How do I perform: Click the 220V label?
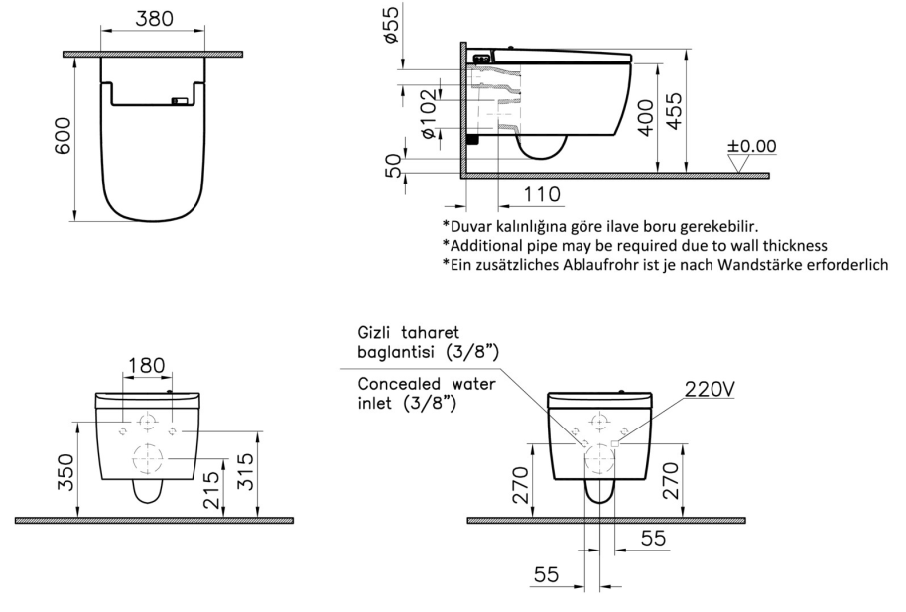[709, 390]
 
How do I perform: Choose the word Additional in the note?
[487, 244]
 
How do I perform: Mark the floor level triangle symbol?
[739, 164]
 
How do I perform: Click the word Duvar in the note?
[471, 226]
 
